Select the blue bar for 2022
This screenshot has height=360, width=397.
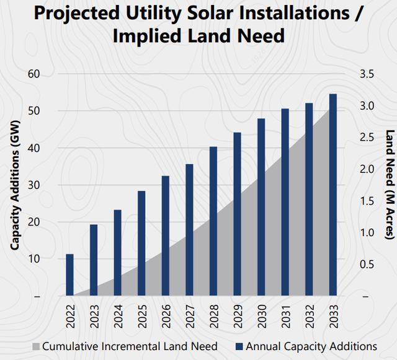pyautogui.click(x=70, y=275)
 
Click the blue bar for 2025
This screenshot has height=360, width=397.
pyautogui.click(x=142, y=244)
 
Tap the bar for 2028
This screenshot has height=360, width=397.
pyautogui.click(x=213, y=221)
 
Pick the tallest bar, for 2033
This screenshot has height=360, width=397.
pyautogui.click(x=333, y=195)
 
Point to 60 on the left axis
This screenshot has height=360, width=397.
pyautogui.click(x=33, y=74)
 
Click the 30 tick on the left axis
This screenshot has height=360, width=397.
pyautogui.click(x=33, y=185)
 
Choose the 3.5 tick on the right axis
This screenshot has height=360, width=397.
pyautogui.click(x=367, y=74)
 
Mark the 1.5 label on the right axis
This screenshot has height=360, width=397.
pyautogui.click(x=367, y=201)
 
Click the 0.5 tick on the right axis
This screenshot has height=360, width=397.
pyautogui.click(x=367, y=265)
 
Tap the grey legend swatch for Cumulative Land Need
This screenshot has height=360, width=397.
pyautogui.click(x=36, y=346)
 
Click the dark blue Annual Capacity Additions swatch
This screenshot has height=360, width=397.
pyautogui.click(x=239, y=346)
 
